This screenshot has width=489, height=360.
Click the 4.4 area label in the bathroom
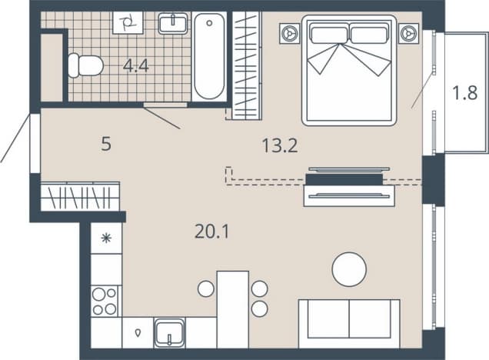coord(135,66)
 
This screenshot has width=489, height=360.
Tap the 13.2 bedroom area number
coord(280,145)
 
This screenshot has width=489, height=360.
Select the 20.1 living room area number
coord(211,232)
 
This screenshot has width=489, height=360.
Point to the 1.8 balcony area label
coord(465,92)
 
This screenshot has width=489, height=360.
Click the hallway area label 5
coord(106,145)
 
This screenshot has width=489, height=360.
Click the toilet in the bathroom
coord(85,65)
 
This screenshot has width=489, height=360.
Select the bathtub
coord(209,56)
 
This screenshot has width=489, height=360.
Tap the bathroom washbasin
coord(173,23)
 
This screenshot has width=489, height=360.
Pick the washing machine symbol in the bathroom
coord(128,22)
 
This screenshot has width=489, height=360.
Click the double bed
coord(349,71)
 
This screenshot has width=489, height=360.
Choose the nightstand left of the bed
coord(289,33)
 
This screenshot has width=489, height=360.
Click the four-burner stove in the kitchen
coord(105,301)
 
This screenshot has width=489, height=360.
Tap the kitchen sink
coord(169,333)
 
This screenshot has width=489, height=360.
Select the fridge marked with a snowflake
coord(106,238)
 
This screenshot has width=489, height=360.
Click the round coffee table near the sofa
coord(349,269)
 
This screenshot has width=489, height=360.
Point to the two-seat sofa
coord(349,324)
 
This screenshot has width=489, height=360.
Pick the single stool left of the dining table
coord(206,288)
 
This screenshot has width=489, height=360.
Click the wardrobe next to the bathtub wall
coord(246,65)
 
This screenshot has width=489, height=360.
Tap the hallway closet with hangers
coord(80,196)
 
